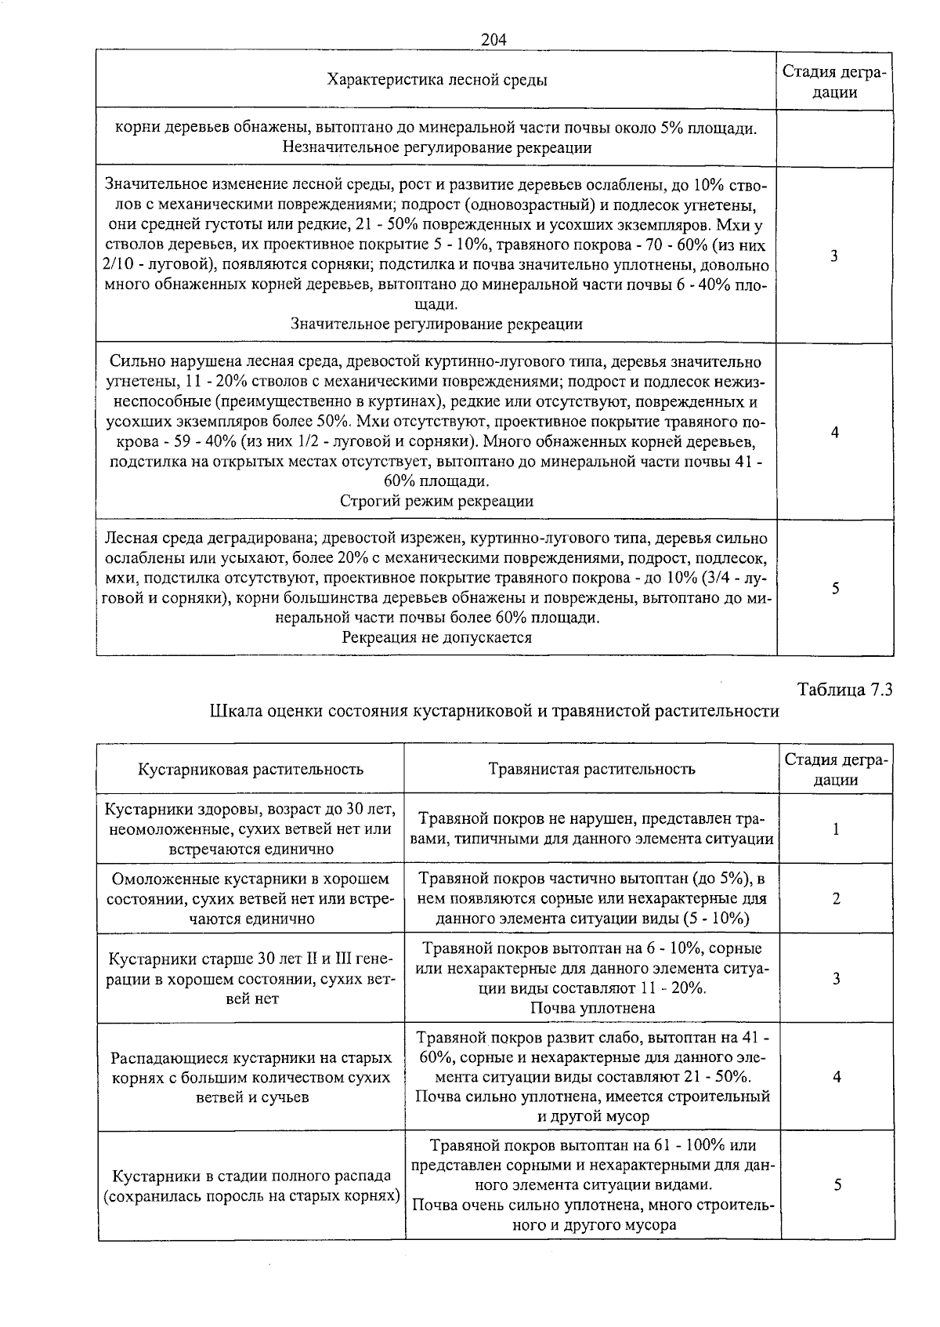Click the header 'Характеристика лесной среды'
tap(436, 80)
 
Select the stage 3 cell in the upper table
tap(834, 256)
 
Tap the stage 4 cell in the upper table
tap(835, 432)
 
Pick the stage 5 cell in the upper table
tap(835, 588)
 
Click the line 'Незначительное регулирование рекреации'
tap(436, 147)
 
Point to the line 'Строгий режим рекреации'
tap(436, 501)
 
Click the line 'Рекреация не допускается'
tap(436, 637)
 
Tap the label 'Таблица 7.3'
tap(844, 690)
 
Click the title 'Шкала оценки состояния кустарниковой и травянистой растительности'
tap(494, 711)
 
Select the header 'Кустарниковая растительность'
tap(251, 769)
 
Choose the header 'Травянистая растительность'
tap(591, 769)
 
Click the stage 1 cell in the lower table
tap(836, 829)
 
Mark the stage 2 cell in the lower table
tap(836, 899)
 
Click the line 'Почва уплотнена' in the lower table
tap(592, 1008)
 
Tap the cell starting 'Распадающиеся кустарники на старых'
tap(251, 1077)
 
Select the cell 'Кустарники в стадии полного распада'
tap(251, 1186)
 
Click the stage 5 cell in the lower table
tap(837, 1186)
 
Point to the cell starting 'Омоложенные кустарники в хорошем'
tap(251, 899)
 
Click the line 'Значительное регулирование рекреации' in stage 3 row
tap(436, 324)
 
